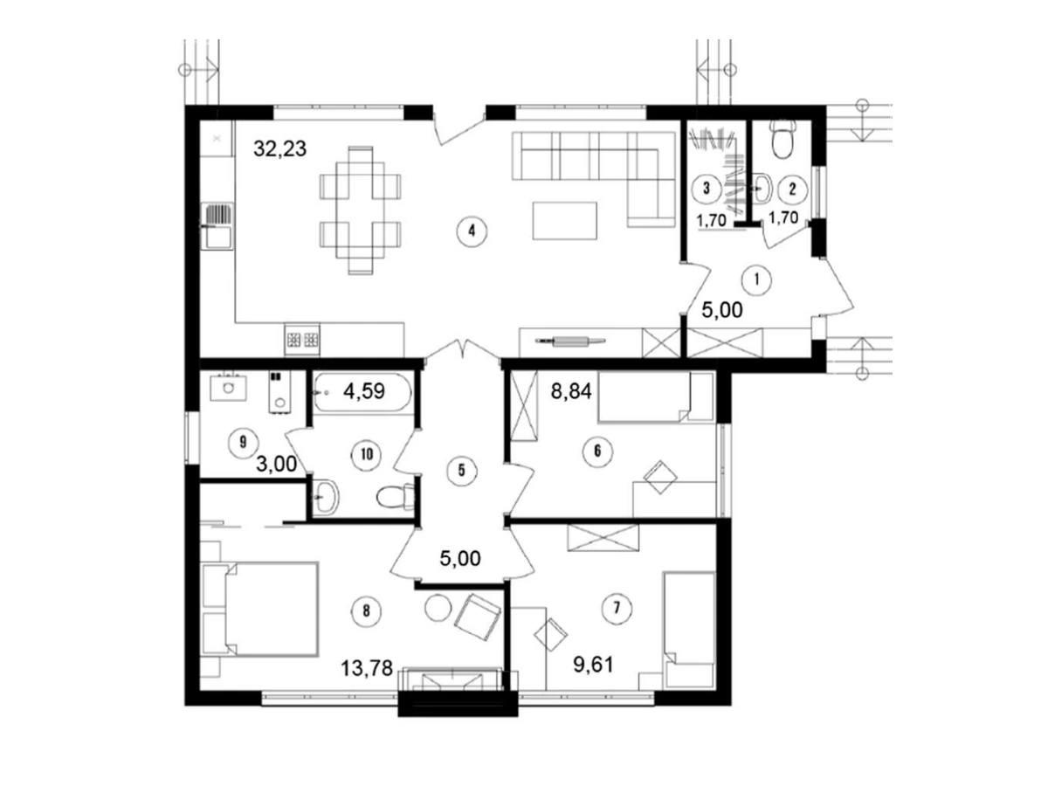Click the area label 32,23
pyautogui.click(x=279, y=148)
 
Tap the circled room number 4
pyautogui.click(x=472, y=231)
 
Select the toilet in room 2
pyautogui.click(x=783, y=137)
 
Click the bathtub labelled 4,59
pyautogui.click(x=362, y=392)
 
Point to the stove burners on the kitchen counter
pyautogui.click(x=302, y=340)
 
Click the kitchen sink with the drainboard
pyautogui.click(x=217, y=227)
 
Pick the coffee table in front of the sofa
pyautogui.click(x=564, y=220)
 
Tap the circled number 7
pyautogui.click(x=617, y=608)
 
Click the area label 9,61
pyautogui.click(x=593, y=665)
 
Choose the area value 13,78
pyautogui.click(x=367, y=668)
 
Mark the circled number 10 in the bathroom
pyautogui.click(x=366, y=454)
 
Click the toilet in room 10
pyautogui.click(x=396, y=496)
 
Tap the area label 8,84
pyautogui.click(x=571, y=392)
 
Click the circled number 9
pyautogui.click(x=243, y=443)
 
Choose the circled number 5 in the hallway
pyautogui.click(x=461, y=471)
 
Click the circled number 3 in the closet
pyautogui.click(x=707, y=188)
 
